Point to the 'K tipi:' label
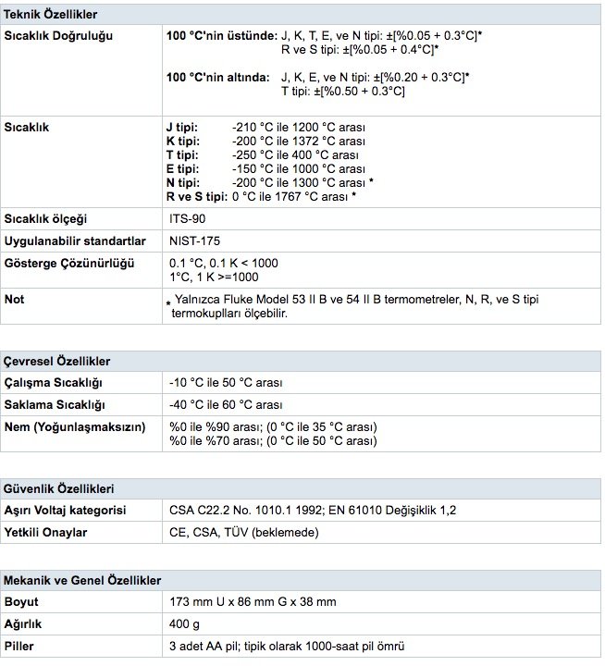coord(183,140)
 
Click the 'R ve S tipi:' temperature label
coord(196,196)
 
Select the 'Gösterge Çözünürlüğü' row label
coord(70,263)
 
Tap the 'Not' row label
coord(15,300)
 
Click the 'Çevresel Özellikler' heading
coord(58,361)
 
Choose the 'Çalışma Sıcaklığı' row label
coord(54,382)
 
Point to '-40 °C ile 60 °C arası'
coord(226,405)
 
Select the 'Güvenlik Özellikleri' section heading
coord(60,488)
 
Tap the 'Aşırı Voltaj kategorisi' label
coord(66,510)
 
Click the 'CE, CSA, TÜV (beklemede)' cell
coord(244,532)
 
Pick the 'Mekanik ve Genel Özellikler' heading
coord(82,580)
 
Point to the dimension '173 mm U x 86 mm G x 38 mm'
coord(253,602)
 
